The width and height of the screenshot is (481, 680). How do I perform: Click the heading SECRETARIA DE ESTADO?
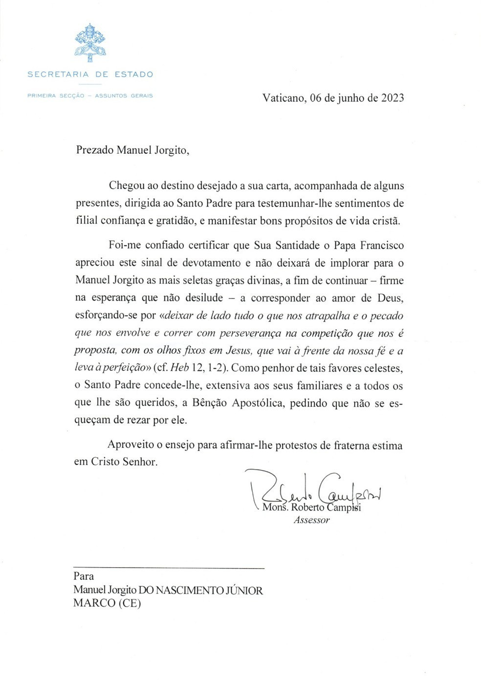click(90, 75)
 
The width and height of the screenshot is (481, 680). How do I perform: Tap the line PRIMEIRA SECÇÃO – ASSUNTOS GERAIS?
click(90, 96)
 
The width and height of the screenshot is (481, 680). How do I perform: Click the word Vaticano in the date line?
click(284, 98)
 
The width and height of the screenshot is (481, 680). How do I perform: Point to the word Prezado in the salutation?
click(94, 150)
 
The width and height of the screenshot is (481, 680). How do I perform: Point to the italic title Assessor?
click(311, 520)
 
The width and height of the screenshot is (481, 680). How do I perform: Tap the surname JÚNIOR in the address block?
click(243, 591)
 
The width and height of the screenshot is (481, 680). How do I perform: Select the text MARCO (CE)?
click(107, 603)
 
